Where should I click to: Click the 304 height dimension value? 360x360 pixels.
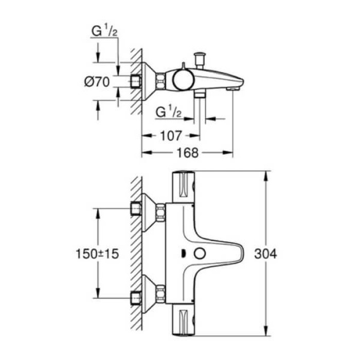(266, 254)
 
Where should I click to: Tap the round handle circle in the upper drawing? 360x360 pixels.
(181, 80)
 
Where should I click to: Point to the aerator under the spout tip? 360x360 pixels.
(233, 89)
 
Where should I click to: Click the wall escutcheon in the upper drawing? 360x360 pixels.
(149, 81)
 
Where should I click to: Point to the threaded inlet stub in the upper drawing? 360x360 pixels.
(136, 81)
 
